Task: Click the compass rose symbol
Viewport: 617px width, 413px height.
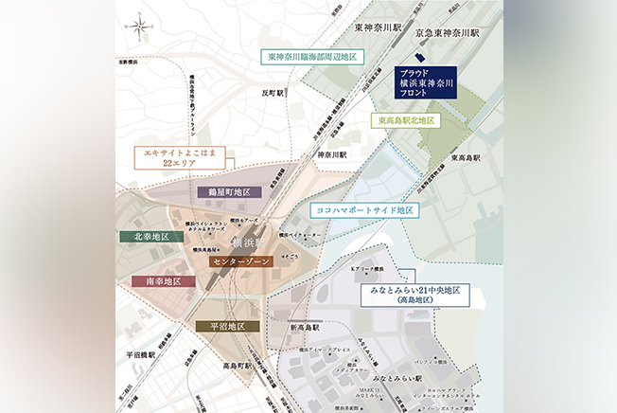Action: tap(140, 27)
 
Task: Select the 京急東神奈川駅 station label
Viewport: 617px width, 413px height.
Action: tap(448, 31)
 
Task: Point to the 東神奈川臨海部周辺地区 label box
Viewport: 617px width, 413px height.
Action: tap(312, 57)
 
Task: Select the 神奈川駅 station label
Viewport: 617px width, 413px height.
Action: tap(331, 154)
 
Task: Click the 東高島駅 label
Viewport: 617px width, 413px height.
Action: tap(467, 157)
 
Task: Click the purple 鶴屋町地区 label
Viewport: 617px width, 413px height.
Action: tap(229, 191)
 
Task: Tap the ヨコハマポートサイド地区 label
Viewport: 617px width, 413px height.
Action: tap(363, 209)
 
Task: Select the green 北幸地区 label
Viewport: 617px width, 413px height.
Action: tap(145, 236)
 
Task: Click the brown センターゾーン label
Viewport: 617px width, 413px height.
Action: tap(241, 260)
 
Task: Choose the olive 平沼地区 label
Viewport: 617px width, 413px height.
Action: tap(227, 326)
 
